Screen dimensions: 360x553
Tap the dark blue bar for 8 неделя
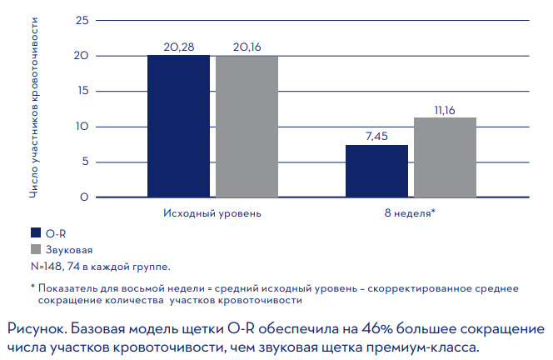(x=376, y=171)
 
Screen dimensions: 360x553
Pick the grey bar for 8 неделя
(x=445, y=157)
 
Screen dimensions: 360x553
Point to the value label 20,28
(x=178, y=48)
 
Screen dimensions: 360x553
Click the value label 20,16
(x=247, y=48)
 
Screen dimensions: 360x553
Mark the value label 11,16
(x=445, y=110)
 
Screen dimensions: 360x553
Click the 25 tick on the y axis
(x=81, y=20)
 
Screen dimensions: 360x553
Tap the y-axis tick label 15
(x=81, y=91)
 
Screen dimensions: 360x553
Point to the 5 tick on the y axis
(x=84, y=162)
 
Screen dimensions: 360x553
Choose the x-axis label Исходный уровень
(x=212, y=213)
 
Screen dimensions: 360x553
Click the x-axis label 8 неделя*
(x=410, y=213)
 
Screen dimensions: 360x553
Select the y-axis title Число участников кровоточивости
(x=34, y=108)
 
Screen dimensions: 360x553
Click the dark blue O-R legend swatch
(x=36, y=234)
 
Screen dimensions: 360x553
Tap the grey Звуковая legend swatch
(x=36, y=250)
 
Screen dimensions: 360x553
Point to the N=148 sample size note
(x=99, y=267)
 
